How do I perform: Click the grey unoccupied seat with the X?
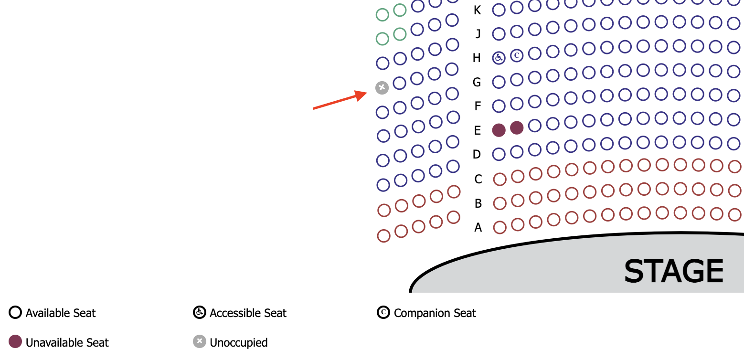pos(382,87)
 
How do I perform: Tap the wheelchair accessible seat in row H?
pos(499,58)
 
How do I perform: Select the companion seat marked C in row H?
pos(517,56)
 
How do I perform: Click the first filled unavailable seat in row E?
pos(499,130)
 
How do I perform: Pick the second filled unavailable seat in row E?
pos(517,127)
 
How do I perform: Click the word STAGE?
pos(673,271)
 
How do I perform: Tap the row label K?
pos(477,10)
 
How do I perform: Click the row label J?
pos(478,34)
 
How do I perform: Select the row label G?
pos(477,82)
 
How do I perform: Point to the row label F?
pos(477,106)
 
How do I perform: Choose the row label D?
pos(477,154)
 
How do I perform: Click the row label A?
pos(478,228)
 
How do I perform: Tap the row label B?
pos(478,204)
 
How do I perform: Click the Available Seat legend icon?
pos(15,313)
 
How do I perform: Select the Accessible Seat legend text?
pos(248,313)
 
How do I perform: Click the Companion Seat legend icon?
pos(383,313)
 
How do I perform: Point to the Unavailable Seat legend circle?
pos(15,342)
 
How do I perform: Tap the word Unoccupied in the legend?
pos(238,342)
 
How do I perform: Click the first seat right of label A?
pos(500,227)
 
